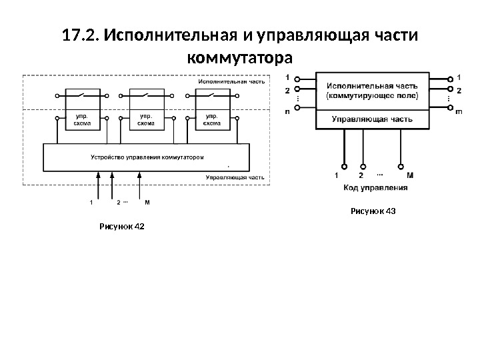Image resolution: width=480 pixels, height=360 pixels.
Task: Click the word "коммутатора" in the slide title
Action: point(241,56)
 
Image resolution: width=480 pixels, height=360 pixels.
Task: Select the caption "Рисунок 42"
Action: point(121,227)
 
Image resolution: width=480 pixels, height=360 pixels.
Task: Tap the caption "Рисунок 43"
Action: point(373,211)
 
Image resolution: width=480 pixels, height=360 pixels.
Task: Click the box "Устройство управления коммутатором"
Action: point(146,157)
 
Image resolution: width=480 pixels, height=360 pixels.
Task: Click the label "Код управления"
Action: point(376,189)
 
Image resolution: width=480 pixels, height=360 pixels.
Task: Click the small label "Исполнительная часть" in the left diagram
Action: point(231,81)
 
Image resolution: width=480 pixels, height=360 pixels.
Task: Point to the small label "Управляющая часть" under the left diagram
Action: point(235,178)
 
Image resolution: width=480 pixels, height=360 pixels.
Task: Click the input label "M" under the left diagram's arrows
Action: point(146,201)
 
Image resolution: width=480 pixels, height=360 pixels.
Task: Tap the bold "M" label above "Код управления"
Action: point(409,176)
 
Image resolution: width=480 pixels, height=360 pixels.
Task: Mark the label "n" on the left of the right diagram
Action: point(287,112)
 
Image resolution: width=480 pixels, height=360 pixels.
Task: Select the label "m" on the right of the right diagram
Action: point(459,112)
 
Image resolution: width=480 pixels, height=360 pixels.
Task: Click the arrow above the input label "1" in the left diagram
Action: point(99,180)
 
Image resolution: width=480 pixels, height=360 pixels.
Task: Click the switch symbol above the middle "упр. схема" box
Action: point(146,96)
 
